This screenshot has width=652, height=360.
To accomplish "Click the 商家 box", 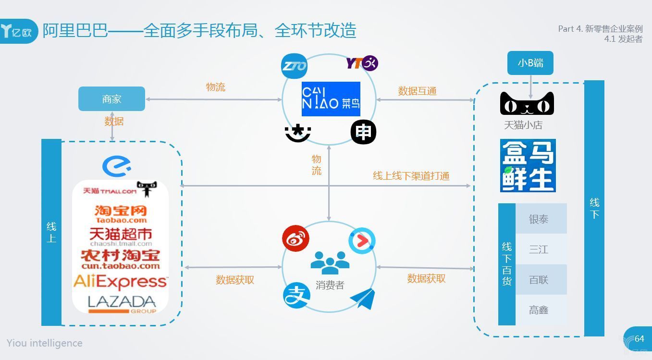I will tap(111, 99).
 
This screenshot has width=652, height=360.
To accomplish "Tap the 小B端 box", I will tap(530, 63).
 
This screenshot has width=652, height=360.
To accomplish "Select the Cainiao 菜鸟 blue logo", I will tap(331, 99).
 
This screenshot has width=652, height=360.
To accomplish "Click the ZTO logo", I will tap(294, 66).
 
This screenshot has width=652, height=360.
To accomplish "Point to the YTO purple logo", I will tap(362, 63).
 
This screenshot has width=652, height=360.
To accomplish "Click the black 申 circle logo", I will tap(363, 132).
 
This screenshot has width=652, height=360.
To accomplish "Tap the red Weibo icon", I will tap(295, 238).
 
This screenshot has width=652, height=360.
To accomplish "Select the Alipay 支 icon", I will tap(296, 294).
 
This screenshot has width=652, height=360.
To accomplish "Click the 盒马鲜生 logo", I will tap(528, 165).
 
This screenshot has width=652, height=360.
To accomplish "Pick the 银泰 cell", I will tap(539, 219).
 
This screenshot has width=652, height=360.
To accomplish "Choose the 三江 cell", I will tap(539, 249).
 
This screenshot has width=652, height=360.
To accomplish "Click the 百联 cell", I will tap(539, 280).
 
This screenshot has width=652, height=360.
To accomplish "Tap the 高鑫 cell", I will tap(539, 310).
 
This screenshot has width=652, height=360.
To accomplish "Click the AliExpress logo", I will tap(120, 281).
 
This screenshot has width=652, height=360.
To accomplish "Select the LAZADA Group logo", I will tap(122, 304).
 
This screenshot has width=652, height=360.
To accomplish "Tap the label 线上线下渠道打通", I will tap(411, 176).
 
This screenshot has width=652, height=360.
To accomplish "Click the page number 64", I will tap(639, 339).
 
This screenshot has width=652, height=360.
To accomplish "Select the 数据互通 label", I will tap(417, 91).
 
